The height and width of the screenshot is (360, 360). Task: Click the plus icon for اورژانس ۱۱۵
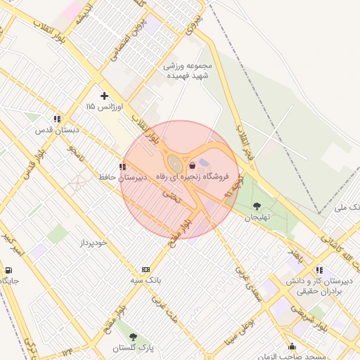[105, 96]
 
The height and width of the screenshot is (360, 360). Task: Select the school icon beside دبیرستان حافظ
[123, 167]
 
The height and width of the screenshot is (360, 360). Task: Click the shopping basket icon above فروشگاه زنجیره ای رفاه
[193, 166]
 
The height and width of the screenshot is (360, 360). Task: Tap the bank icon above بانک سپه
[146, 269]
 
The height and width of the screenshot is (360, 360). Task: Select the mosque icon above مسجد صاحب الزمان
[292, 346]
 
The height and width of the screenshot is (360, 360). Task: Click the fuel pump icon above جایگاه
[8, 270]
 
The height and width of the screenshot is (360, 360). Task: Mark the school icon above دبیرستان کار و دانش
[320, 270]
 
